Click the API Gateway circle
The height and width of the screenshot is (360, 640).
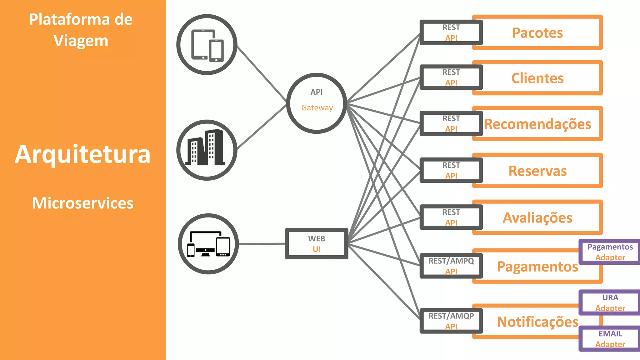[317, 103]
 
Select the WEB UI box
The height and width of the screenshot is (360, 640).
[316, 244]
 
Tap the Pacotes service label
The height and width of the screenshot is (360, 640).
[537, 33]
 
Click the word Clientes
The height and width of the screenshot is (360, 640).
[537, 78]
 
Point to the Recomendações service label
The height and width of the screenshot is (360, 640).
[537, 124]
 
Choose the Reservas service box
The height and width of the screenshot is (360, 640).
[537, 171]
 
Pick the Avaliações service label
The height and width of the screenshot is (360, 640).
[537, 218]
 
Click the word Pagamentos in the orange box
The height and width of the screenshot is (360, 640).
[537, 267]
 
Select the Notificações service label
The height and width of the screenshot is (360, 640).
[537, 322]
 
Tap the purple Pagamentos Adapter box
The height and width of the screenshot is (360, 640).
[610, 252]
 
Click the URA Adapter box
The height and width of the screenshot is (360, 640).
[610, 302]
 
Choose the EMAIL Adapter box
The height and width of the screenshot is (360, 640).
[610, 339]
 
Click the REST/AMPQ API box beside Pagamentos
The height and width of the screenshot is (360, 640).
[451, 266]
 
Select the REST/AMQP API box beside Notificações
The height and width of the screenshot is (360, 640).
[451, 321]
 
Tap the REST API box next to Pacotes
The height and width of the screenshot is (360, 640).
[451, 32]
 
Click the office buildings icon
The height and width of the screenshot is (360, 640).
[207, 150]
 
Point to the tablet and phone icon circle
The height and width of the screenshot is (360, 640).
[207, 45]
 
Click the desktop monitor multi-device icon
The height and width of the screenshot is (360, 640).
[208, 244]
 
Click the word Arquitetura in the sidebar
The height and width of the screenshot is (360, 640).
[82, 154]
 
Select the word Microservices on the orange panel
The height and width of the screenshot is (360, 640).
[82, 203]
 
